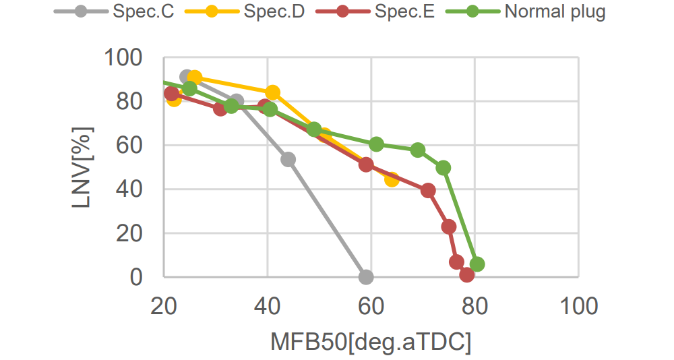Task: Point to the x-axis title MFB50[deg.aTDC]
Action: [x=371, y=341]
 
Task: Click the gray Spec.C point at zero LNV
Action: [x=366, y=276]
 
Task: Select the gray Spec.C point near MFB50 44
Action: [x=288, y=159]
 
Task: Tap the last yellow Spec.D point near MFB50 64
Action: [x=392, y=179]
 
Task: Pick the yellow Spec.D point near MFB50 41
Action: [x=273, y=92]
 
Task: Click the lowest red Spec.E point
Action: [x=467, y=274]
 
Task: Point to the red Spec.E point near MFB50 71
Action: [x=428, y=190]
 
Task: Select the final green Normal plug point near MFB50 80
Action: [x=477, y=264]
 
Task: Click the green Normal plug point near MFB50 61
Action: [x=377, y=144]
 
